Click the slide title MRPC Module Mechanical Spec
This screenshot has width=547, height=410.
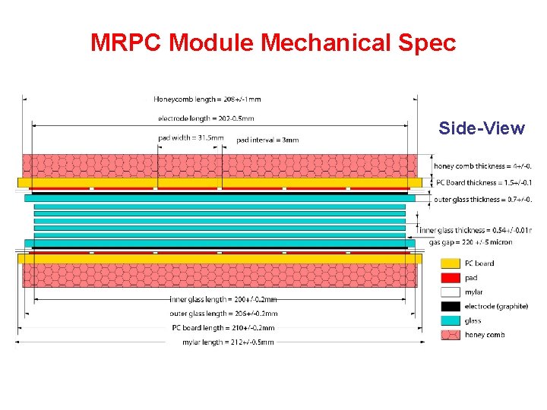point(273,43)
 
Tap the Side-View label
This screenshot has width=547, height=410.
point(482,128)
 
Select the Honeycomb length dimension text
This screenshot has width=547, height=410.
point(207,99)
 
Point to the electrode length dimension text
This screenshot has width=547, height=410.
point(206,118)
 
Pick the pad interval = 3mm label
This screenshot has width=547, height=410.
point(267,140)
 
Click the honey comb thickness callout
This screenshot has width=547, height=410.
point(482,166)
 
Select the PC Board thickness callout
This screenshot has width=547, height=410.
point(484,182)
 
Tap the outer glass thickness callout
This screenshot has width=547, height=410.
point(482,200)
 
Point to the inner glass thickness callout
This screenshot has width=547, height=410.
point(476,230)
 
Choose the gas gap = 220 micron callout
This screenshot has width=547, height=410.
point(470,242)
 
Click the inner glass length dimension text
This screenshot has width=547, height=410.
point(223,299)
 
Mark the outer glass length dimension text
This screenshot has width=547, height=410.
point(223,314)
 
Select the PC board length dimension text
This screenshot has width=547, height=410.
point(223,328)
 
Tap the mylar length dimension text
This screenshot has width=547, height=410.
point(228,342)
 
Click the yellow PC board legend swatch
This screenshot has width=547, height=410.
point(451,263)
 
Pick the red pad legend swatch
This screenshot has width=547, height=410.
point(451,278)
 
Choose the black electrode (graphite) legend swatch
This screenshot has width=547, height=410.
point(451,307)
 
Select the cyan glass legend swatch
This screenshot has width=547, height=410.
point(451,320)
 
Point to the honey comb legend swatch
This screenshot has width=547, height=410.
point(451,335)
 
